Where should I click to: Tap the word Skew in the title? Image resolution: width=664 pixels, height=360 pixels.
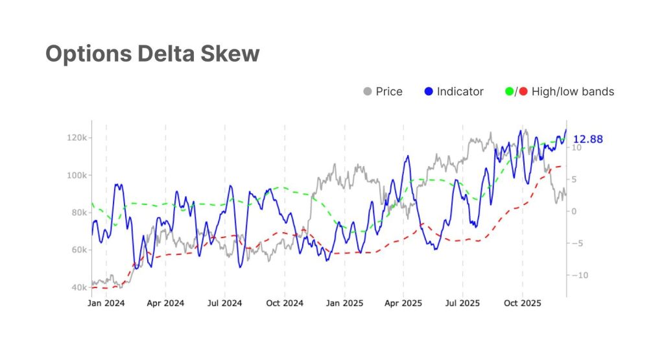pyautogui.click(x=231, y=54)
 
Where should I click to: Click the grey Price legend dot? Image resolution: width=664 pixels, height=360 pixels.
pyautogui.click(x=368, y=91)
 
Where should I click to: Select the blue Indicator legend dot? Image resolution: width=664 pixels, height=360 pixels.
pyautogui.click(x=428, y=91)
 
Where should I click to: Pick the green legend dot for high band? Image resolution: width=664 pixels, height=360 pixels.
pyautogui.click(x=509, y=91)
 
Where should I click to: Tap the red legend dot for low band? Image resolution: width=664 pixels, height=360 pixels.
pyautogui.click(x=523, y=91)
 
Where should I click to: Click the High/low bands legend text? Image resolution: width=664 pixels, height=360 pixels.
pyautogui.click(x=573, y=91)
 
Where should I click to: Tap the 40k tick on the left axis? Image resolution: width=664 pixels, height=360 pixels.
pyautogui.click(x=78, y=287)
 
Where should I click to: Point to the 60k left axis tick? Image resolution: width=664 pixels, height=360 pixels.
pyautogui.click(x=78, y=250)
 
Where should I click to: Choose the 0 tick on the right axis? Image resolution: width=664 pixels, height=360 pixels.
pyautogui.click(x=573, y=211)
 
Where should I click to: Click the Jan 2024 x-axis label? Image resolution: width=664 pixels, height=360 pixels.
pyautogui.click(x=106, y=303)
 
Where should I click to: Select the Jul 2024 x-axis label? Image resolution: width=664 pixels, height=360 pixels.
pyautogui.click(x=225, y=303)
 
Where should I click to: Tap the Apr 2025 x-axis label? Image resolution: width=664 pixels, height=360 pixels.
pyautogui.click(x=403, y=303)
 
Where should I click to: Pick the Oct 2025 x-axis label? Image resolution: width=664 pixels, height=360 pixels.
pyautogui.click(x=522, y=303)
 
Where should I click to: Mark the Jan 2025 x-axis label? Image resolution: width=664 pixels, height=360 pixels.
pyautogui.click(x=344, y=303)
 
